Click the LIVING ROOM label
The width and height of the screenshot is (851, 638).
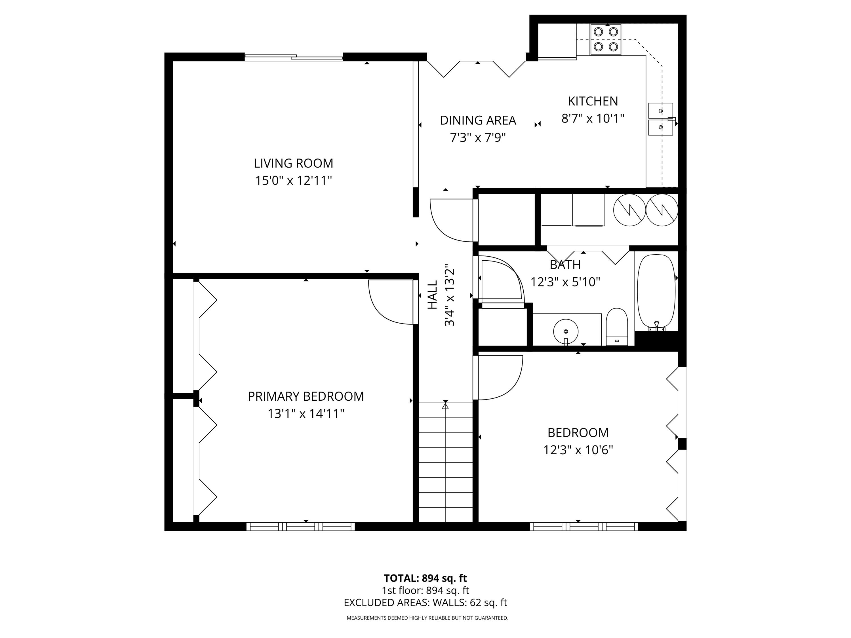293,163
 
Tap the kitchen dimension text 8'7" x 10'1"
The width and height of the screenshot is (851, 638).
593,119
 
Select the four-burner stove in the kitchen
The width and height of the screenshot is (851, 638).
606,39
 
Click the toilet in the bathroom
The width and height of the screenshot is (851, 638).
617,327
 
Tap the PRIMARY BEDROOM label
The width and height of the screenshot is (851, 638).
306,396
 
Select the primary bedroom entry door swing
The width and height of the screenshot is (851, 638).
389,302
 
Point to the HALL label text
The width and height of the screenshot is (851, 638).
432,295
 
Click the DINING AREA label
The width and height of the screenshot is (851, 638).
478,121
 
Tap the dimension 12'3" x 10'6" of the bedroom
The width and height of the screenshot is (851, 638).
578,450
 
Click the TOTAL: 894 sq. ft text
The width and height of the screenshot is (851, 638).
425,578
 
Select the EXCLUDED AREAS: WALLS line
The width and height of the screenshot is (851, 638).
425,603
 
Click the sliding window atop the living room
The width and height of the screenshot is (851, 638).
294,58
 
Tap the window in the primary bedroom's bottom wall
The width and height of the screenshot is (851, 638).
300,527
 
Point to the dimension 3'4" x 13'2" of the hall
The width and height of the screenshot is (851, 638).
449,295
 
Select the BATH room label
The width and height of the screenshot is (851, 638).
565,265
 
